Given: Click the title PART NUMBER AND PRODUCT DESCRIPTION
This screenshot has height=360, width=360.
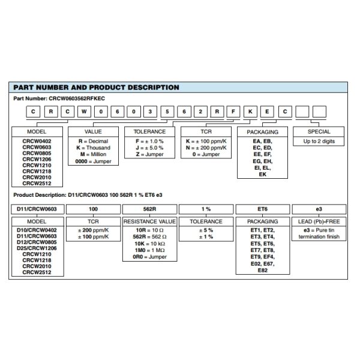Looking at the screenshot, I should pyautogui.click(x=96, y=88).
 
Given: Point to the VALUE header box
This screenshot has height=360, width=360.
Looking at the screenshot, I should pyautogui.click(x=93, y=131).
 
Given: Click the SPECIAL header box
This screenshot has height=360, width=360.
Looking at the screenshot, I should pyautogui.click(x=319, y=131).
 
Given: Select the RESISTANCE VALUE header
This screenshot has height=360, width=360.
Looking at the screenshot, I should pyautogui.click(x=149, y=221).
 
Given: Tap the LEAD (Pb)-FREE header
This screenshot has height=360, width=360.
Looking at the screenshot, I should pyautogui.click(x=319, y=221).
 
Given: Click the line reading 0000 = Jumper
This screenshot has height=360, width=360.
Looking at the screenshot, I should pyautogui.click(x=93, y=161).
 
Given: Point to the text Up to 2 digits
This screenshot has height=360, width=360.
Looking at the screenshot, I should pyautogui.click(x=319, y=141).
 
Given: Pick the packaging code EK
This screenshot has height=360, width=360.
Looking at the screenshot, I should pyautogui.click(x=263, y=175).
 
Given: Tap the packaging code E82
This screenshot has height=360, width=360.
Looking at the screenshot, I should pyautogui.click(x=263, y=271).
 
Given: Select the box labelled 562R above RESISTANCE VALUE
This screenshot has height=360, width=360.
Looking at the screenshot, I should pyautogui.click(x=149, y=209).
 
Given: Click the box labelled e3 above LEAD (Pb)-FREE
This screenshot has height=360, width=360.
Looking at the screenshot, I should pyautogui.click(x=319, y=209).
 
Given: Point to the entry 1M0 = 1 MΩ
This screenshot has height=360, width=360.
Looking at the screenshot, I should pyautogui.click(x=149, y=250).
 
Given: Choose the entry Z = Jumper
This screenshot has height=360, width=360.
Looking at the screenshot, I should pyautogui.click(x=149, y=154).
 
